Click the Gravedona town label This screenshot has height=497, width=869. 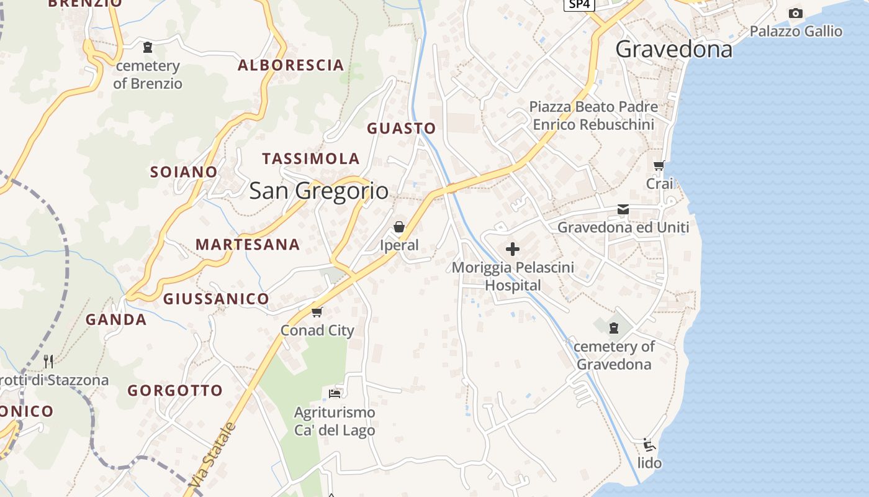[674, 49]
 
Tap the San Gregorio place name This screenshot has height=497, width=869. [319, 191]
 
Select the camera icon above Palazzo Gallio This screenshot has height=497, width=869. [795, 13]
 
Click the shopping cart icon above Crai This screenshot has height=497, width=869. [659, 165]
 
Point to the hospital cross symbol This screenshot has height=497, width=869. [513, 249]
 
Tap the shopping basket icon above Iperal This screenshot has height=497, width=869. [399, 227]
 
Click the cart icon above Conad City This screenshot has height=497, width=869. [317, 311]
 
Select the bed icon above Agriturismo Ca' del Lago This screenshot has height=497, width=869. [335, 393]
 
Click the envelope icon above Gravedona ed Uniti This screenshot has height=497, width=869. [623, 209]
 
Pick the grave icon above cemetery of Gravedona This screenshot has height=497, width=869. [614, 327]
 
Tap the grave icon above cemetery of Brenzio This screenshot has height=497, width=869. [148, 47]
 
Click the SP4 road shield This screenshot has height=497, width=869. [580, 4]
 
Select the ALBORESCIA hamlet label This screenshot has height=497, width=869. [290, 65]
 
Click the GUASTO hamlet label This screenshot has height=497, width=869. [401, 129]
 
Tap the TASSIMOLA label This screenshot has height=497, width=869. [311, 158]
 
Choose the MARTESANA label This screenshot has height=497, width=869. [248, 245]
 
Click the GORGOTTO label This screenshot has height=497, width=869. [175, 391]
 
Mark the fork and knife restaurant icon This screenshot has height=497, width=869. [48, 361]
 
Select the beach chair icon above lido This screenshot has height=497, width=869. [649, 445]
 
